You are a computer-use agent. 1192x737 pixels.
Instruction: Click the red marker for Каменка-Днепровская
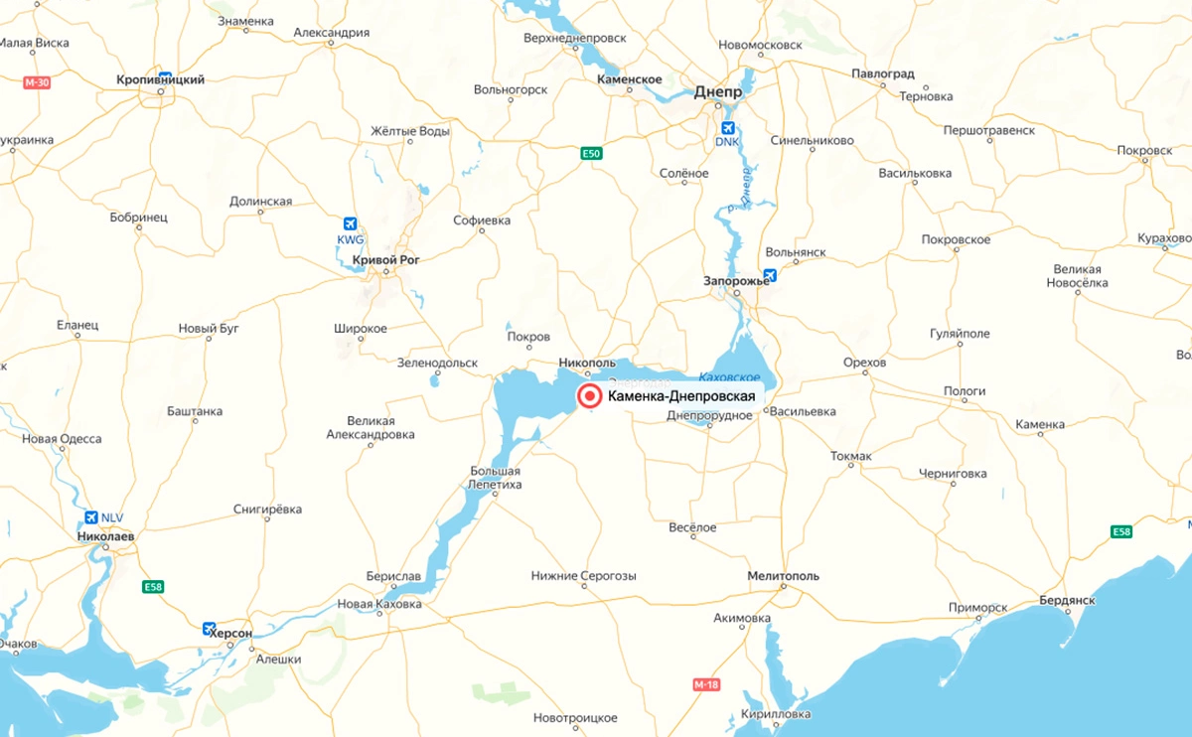point(590,398)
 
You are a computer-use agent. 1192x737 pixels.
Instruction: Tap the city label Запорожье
point(737,281)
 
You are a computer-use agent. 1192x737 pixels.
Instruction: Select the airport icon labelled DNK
point(728,128)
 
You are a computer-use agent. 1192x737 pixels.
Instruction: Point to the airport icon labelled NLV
point(92,516)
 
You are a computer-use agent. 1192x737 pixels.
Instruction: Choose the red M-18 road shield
point(705,685)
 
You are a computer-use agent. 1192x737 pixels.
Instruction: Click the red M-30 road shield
point(36,81)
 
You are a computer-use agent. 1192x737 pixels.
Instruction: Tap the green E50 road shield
point(592,153)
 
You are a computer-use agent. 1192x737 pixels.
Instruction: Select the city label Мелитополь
point(784,576)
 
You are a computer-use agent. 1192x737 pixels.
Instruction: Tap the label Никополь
point(587,363)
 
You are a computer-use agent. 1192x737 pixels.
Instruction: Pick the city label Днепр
point(717,90)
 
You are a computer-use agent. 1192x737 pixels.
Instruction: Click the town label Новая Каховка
point(379,604)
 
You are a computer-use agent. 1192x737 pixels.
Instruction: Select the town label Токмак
point(850,456)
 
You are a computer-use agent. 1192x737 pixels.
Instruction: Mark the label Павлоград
point(883,74)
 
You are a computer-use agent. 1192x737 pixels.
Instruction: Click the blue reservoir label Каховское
point(729,377)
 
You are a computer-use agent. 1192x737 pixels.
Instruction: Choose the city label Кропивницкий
point(160,79)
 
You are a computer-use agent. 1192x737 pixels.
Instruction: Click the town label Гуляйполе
point(959,334)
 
